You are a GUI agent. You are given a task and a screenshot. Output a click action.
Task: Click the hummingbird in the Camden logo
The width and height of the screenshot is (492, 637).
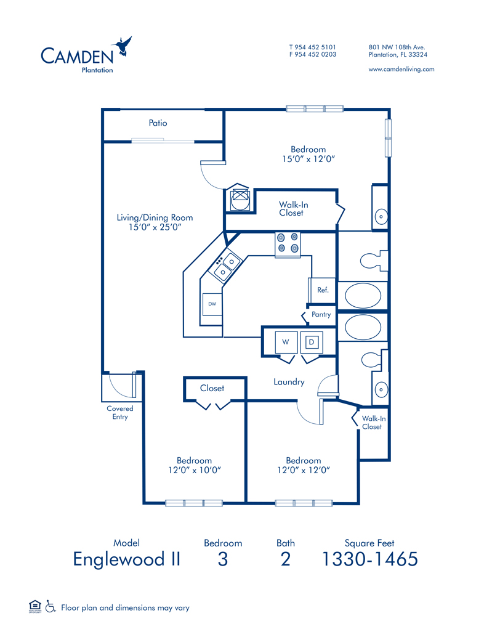point(123,46)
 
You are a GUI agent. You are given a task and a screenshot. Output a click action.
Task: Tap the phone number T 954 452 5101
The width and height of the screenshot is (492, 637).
point(313,47)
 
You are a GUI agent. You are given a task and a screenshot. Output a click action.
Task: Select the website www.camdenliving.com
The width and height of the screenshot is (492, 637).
point(401,70)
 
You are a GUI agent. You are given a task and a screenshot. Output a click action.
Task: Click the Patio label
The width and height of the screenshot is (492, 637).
point(158,123)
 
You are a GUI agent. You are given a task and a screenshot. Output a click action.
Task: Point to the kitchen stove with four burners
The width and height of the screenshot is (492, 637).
point(288,245)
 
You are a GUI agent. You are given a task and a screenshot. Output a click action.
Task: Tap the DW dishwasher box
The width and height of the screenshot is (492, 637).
point(212,304)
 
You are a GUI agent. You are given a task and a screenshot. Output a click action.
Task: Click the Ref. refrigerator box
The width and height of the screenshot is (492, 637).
point(322,290)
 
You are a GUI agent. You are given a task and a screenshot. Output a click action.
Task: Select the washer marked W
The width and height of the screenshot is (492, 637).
point(286,342)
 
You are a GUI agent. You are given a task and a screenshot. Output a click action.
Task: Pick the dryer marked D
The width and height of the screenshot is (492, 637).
point(312,342)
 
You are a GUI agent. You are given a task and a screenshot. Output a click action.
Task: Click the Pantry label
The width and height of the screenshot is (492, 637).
point(321,314)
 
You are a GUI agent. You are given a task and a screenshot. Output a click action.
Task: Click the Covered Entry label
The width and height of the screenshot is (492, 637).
point(119,412)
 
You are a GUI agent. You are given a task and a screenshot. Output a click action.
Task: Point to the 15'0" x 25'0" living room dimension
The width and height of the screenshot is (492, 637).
point(155,227)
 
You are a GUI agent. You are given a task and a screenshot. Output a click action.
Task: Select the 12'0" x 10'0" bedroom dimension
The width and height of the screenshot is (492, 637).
point(195,470)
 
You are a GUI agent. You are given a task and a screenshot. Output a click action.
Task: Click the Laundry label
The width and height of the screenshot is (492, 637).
point(289,382)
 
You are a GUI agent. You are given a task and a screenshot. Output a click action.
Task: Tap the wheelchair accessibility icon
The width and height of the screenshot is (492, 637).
point(50,607)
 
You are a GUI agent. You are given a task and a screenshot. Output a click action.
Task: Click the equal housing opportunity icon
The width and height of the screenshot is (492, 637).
point(35,606)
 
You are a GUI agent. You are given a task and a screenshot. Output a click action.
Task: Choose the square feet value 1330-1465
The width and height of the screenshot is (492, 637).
point(370,559)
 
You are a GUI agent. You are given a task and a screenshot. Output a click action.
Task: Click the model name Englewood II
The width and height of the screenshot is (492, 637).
point(127,559)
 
